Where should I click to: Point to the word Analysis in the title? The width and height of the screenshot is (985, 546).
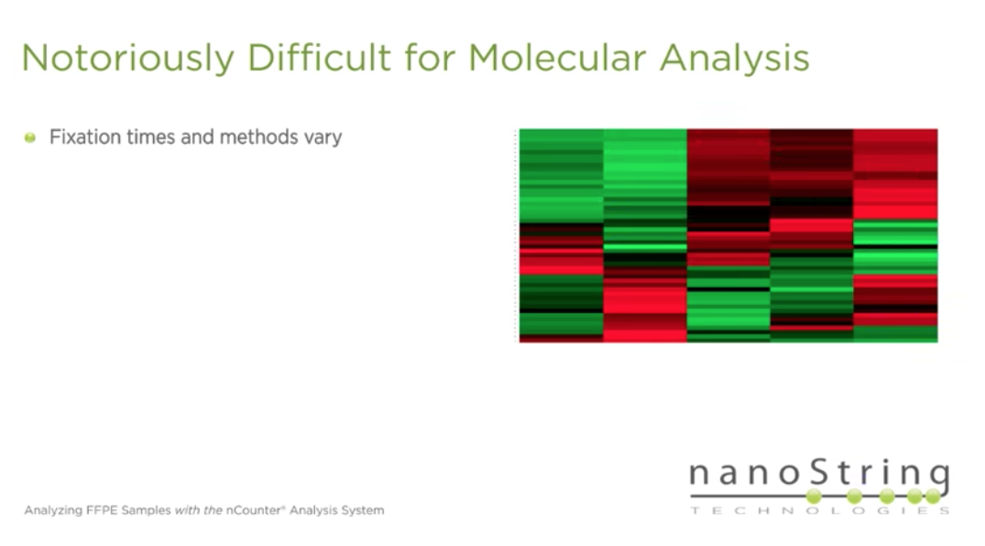(x=733, y=58)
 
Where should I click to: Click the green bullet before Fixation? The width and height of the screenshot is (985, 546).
(x=30, y=137)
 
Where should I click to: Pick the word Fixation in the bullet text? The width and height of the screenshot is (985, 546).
(x=82, y=137)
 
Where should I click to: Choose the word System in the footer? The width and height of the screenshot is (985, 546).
(x=363, y=509)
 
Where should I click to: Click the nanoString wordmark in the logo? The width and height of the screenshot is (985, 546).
(x=818, y=475)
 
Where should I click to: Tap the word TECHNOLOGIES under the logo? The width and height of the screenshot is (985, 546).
(x=818, y=510)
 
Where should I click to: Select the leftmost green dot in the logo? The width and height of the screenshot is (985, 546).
(x=814, y=496)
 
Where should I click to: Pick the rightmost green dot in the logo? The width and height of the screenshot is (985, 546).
(x=932, y=496)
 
